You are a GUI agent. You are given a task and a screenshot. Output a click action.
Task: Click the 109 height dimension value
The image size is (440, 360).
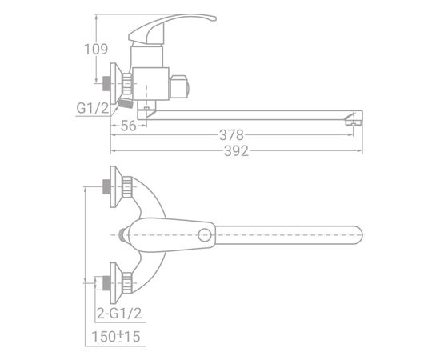click(96, 50)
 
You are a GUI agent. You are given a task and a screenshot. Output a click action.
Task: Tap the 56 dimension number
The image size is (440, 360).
click(128, 126)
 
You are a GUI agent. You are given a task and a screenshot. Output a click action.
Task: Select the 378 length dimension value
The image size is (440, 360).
click(231, 135)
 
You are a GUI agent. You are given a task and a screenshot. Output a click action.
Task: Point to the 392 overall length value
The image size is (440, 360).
click(236, 151)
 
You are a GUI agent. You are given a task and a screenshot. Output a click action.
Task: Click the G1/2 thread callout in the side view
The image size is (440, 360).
click(93, 108)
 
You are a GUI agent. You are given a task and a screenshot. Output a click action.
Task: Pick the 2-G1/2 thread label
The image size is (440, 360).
click(119, 313)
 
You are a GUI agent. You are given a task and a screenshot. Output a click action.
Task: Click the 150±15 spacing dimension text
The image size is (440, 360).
click(116, 337)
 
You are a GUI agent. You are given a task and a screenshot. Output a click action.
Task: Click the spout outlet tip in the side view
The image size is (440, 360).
click(354, 122)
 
